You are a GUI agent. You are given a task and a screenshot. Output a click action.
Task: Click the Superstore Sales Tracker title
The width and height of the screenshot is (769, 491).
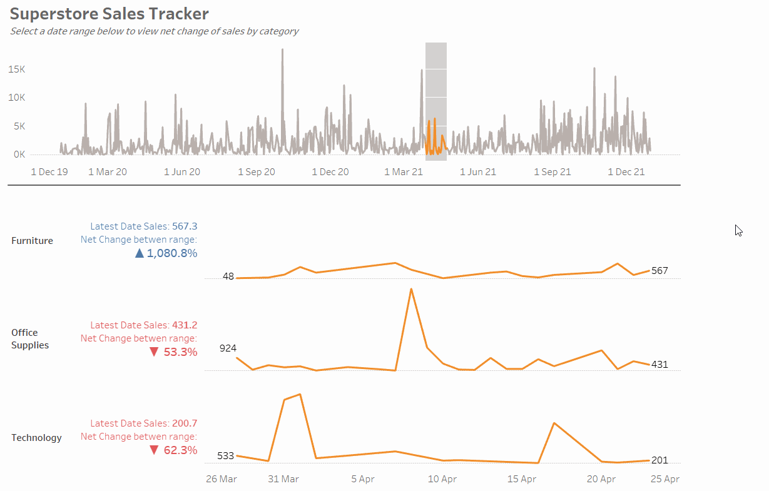click(x=109, y=14)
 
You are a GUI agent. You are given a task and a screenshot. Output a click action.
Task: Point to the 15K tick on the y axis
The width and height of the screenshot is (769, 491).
click(x=16, y=69)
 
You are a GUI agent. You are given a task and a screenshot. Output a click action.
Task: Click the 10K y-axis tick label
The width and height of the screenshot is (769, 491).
click(x=16, y=98)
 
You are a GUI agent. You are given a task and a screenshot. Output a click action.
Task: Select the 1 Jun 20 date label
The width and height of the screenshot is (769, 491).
click(x=182, y=171)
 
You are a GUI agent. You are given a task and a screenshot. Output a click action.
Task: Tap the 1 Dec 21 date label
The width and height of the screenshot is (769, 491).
click(x=626, y=171)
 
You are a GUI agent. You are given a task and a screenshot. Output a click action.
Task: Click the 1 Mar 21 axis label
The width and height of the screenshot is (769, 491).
click(x=404, y=171)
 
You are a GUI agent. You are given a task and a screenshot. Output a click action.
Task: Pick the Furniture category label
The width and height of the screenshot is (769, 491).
click(x=32, y=241)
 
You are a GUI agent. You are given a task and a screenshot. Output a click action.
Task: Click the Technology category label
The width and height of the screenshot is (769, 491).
click(x=36, y=438)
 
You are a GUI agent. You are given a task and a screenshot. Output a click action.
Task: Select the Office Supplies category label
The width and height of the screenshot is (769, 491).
click(x=30, y=339)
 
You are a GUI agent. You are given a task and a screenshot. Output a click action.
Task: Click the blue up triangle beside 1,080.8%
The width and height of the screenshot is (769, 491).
click(x=139, y=253)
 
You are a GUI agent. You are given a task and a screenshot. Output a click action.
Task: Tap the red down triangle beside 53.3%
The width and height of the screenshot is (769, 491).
click(x=154, y=352)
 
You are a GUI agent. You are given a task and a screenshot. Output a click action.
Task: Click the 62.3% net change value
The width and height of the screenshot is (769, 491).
click(x=180, y=450)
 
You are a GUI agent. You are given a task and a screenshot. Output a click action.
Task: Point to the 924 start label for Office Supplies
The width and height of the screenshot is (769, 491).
click(x=228, y=348)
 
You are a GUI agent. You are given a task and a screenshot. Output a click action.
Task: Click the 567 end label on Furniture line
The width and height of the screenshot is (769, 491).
click(x=660, y=271)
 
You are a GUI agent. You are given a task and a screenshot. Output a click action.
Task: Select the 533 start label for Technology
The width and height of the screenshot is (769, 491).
click(x=225, y=456)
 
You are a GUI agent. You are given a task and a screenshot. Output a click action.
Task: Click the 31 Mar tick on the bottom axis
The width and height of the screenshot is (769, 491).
click(x=283, y=479)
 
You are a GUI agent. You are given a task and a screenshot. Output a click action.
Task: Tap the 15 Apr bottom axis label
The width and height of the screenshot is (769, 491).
click(x=522, y=479)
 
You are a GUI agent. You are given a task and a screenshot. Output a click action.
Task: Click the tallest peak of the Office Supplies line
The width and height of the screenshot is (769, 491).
click(x=411, y=289)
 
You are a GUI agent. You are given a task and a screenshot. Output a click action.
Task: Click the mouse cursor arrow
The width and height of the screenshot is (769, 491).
click(x=738, y=230)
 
